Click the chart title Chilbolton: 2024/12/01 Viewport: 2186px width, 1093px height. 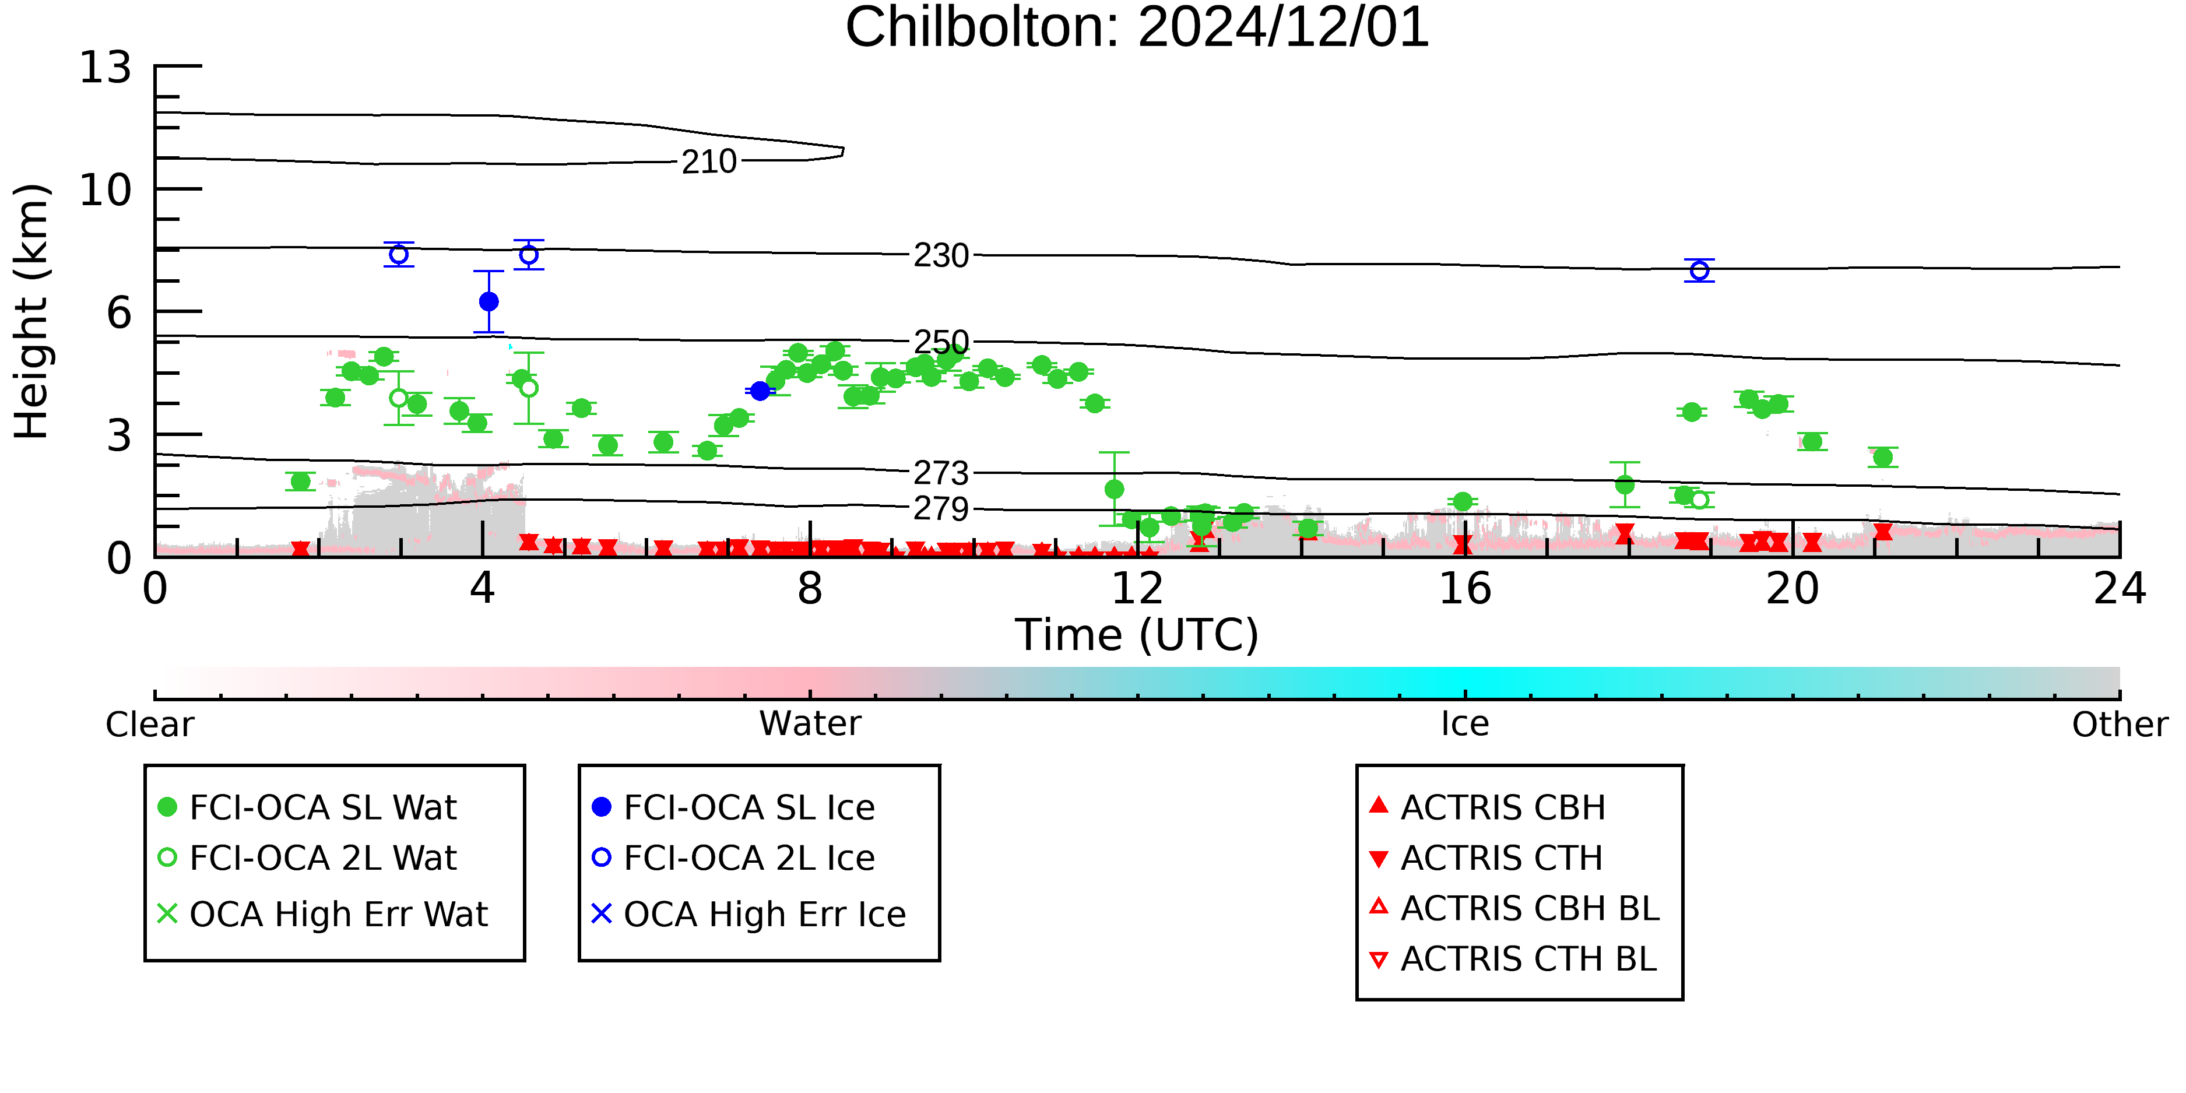point(1137,27)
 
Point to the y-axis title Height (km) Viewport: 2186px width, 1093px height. point(32,311)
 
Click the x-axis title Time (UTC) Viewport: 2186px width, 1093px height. point(1137,635)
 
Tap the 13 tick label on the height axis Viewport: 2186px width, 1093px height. point(106,67)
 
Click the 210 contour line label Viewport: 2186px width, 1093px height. point(709,161)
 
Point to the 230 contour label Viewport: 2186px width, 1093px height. point(941,255)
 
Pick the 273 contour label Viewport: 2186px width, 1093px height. point(941,473)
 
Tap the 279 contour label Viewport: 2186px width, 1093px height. point(941,508)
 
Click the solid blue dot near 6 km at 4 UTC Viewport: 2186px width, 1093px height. point(489,301)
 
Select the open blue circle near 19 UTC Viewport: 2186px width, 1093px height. point(1699,270)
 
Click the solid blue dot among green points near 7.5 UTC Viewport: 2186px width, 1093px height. point(760,391)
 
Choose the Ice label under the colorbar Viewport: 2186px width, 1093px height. point(1465,724)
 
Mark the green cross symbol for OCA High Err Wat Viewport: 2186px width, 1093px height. point(167,914)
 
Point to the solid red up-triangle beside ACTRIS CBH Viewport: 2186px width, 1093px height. point(1379,804)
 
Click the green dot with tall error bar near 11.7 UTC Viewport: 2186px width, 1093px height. point(1114,489)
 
